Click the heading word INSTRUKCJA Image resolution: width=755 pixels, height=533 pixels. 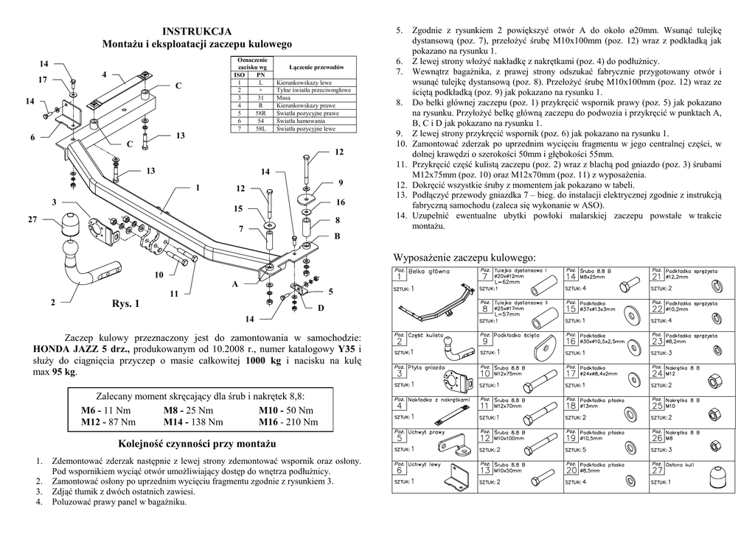point(197,31)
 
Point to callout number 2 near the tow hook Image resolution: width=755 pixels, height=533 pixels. point(52,303)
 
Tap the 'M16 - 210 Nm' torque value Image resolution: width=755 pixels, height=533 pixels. point(288,422)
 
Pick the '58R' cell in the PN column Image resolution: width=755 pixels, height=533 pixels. point(260,114)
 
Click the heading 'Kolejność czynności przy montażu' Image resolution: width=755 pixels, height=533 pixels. point(197,444)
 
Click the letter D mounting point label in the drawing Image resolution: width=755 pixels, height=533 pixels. point(321,306)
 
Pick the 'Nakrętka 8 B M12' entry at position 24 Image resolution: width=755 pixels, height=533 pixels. point(681,370)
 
